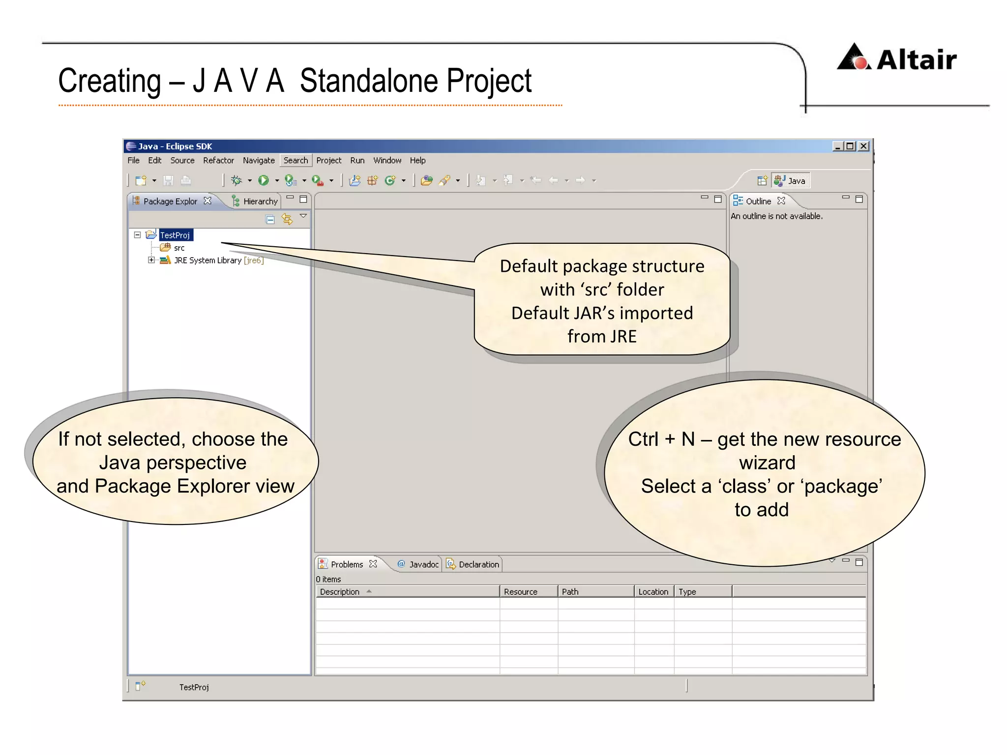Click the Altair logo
tap(896, 58)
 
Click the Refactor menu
tap(218, 160)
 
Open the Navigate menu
tap(259, 160)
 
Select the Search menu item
tap(296, 160)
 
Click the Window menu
tap(387, 160)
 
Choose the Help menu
tap(417, 160)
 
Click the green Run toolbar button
tap(264, 180)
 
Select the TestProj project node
tap(175, 235)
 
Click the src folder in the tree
tap(179, 248)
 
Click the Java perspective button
tap(791, 180)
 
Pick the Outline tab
tap(758, 201)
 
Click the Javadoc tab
tap(423, 564)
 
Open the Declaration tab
tap(478, 564)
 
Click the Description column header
tap(340, 592)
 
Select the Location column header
tap(653, 592)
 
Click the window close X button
tap(863, 146)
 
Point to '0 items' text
tap(328, 579)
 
